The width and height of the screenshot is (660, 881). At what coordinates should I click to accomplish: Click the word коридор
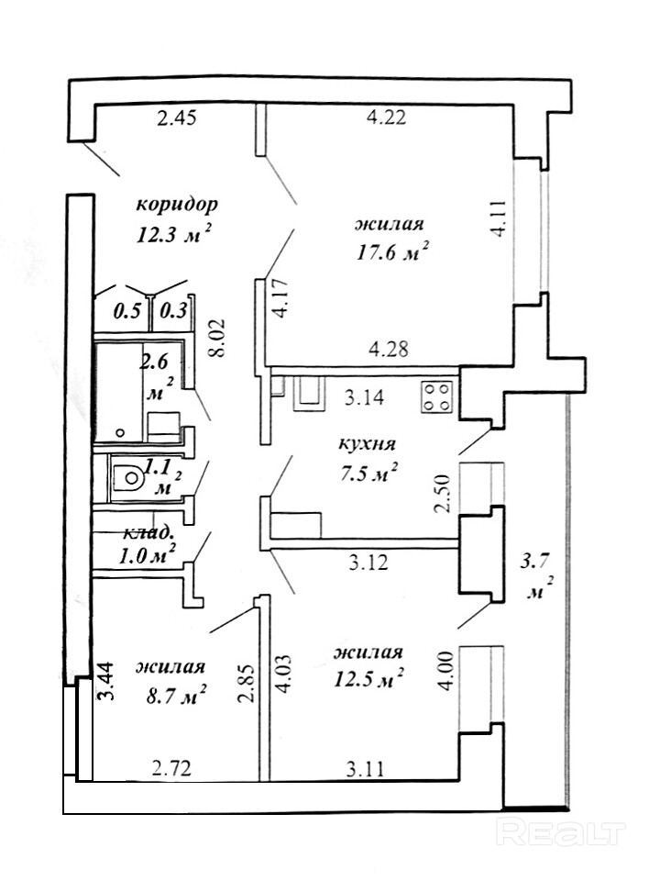click(x=177, y=205)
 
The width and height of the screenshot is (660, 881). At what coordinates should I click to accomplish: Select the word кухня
click(x=367, y=444)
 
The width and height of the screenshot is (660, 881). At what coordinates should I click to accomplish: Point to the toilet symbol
click(x=128, y=477)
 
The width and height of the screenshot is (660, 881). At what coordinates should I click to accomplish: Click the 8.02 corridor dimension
click(x=218, y=339)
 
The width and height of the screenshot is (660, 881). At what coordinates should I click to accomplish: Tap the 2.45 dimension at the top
click(x=176, y=119)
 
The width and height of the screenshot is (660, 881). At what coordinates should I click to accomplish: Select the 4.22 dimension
click(x=386, y=118)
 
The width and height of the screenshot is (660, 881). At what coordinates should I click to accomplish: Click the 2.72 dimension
click(x=170, y=767)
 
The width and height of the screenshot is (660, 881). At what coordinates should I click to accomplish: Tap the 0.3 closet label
click(x=173, y=311)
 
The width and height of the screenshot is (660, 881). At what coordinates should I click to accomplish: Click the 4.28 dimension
click(x=389, y=349)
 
